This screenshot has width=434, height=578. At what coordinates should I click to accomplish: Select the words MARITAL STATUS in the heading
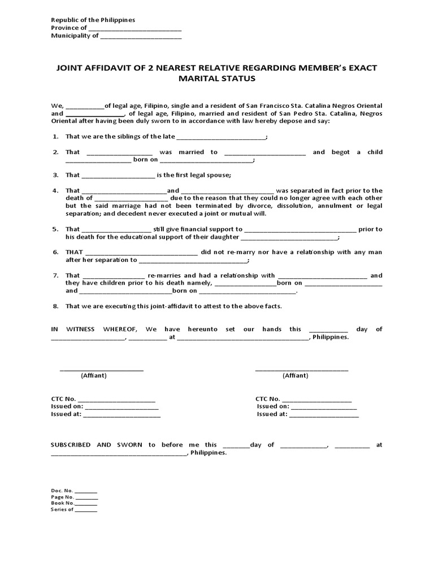[217, 79]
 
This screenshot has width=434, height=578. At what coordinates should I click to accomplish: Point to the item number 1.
[55, 137]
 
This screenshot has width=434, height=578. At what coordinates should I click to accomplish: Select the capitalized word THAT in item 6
[74, 252]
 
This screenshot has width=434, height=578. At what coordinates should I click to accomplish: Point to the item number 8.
[55, 306]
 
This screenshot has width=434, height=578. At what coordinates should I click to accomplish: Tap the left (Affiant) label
[93, 375]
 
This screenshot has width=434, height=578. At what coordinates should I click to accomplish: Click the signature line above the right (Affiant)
[302, 370]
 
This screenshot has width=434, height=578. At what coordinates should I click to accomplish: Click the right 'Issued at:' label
[271, 414]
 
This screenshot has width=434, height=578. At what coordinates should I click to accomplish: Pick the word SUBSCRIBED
[71, 445]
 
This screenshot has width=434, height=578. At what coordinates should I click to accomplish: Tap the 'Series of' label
[62, 509]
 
